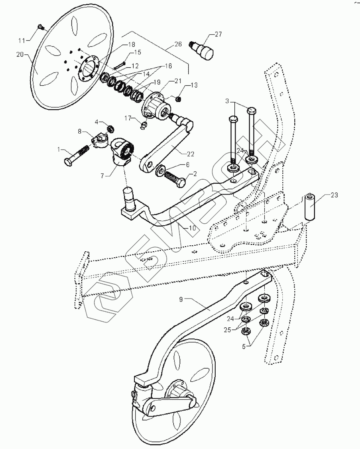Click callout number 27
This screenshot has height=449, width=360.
tap(218, 34)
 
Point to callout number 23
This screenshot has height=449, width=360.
tap(334, 195)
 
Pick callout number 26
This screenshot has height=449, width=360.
tap(178, 44)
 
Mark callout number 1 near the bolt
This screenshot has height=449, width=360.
tap(60, 149)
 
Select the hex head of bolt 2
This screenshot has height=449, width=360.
tap(180, 183)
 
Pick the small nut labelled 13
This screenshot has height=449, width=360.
tap(180, 98)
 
